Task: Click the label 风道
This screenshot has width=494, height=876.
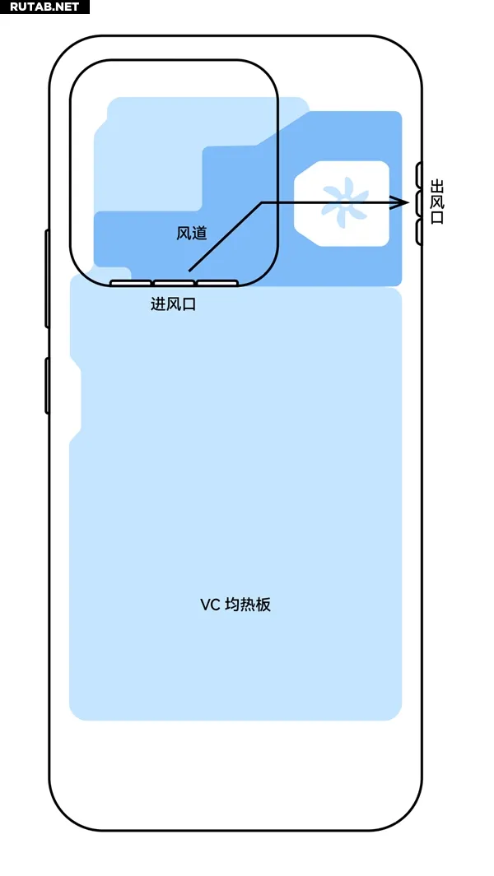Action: tap(192, 234)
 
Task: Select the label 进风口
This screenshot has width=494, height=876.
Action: tap(174, 304)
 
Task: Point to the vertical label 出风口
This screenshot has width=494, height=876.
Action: tap(437, 202)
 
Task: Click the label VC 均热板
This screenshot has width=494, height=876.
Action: tap(235, 605)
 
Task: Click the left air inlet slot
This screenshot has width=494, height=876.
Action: tap(130, 284)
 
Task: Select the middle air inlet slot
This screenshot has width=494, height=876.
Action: tap(174, 284)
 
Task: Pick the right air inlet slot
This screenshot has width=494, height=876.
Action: tap(217, 284)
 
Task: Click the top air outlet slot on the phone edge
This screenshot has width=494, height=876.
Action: tap(418, 174)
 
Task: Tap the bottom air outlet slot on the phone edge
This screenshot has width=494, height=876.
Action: tap(418, 232)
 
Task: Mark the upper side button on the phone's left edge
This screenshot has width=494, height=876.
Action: tap(47, 280)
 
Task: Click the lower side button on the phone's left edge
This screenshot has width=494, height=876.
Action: tap(47, 385)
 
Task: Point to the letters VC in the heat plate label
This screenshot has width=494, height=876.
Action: tap(210, 605)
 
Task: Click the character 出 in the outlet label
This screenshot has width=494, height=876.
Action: tap(437, 187)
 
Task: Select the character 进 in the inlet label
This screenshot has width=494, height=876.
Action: tap(158, 304)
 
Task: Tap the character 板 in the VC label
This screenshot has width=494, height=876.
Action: tap(263, 605)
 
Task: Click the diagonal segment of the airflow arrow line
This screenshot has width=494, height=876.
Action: tap(225, 237)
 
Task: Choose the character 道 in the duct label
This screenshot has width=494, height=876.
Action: tap(199, 234)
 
